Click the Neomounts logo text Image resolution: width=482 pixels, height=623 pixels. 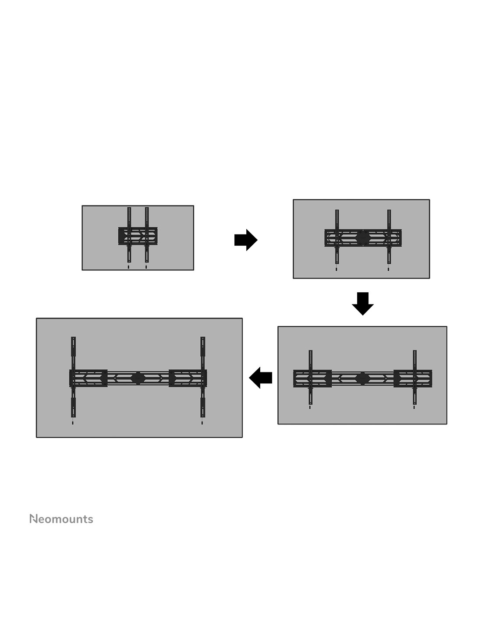pos(61,519)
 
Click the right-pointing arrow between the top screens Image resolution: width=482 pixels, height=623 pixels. pos(246,240)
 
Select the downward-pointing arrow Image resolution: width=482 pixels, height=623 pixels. pos(363,304)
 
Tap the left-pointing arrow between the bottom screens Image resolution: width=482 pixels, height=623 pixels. pos(260,378)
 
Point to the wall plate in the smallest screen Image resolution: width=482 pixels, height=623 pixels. pos(138,236)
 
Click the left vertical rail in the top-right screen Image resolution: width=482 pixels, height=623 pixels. pos(337,237)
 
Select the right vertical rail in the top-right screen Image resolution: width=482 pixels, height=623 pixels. pos(389,237)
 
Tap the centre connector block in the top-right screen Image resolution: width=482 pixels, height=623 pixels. pos(363,237)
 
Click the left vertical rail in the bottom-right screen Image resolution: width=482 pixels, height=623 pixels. pos(311,377)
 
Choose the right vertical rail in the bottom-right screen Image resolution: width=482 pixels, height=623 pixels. pos(415,377)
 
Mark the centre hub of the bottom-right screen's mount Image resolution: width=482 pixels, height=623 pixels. pos(363,379)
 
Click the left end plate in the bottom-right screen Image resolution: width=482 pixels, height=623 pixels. pos(312,379)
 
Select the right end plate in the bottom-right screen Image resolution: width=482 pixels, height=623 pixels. pos(413,379)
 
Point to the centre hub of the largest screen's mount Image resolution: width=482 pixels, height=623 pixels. pos(138,378)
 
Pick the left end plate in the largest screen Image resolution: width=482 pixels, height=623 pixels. pos(89,378)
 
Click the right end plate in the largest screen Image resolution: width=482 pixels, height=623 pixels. pos(188,378)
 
